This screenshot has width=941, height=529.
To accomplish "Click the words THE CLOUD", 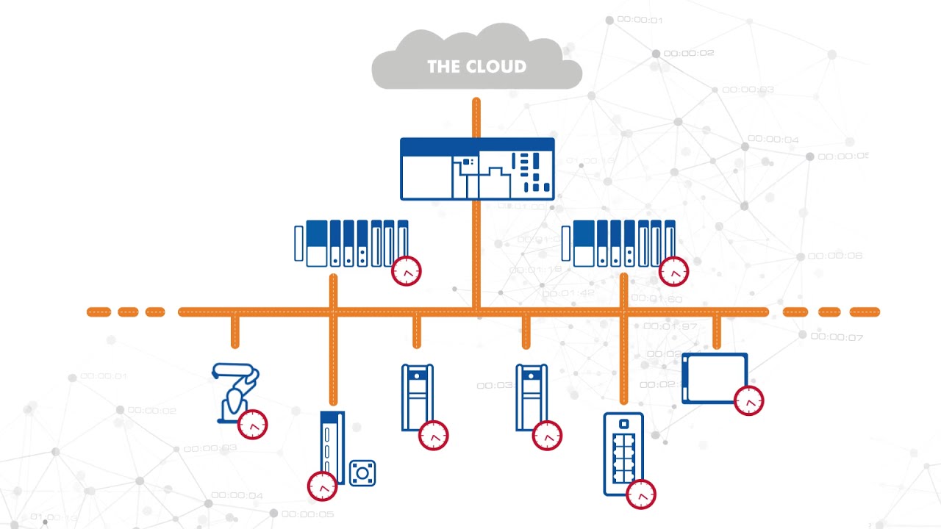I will coord(476,67).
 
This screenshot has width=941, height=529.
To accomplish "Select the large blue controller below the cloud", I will coord(477,169).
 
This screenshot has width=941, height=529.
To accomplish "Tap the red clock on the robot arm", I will coord(253,425).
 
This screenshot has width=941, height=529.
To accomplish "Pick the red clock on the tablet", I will coord(749,401).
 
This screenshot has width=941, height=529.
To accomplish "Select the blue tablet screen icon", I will coord(714,378).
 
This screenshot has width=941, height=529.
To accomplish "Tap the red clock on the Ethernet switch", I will coord(641,494).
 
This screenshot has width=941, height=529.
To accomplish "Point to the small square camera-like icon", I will coord(362,472).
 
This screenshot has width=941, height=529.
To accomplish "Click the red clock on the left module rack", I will coord(407,271).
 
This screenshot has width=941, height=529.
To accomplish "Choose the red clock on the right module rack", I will coord(673,271).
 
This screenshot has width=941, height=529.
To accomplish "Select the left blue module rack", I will coord(351,242).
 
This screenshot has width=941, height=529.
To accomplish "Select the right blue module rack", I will coord(618,242).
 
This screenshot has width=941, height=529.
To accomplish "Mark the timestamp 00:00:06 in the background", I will coord(835,256).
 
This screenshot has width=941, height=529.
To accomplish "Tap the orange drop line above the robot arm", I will coord(235,331).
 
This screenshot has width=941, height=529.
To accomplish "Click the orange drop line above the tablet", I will coord(718,332).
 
